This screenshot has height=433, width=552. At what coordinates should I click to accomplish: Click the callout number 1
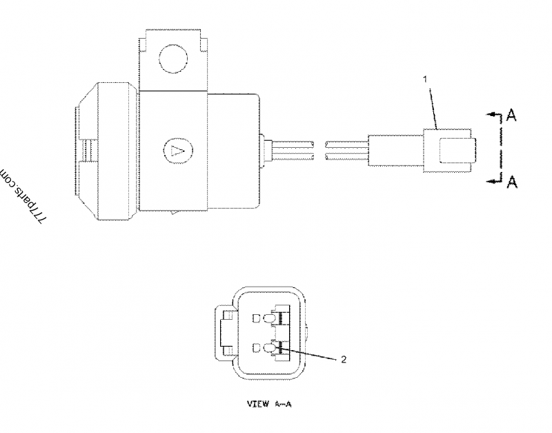[x=426, y=79]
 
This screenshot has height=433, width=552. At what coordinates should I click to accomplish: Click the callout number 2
[x=342, y=359]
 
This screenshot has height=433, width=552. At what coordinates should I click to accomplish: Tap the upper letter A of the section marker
[x=511, y=115]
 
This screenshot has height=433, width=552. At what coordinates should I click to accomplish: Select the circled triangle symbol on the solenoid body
[x=176, y=148]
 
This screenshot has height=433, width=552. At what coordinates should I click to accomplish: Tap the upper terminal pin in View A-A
[x=282, y=319]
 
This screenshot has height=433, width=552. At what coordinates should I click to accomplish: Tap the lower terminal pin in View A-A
[x=282, y=348]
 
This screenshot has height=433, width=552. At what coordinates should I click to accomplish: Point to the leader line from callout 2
[x=310, y=354]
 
